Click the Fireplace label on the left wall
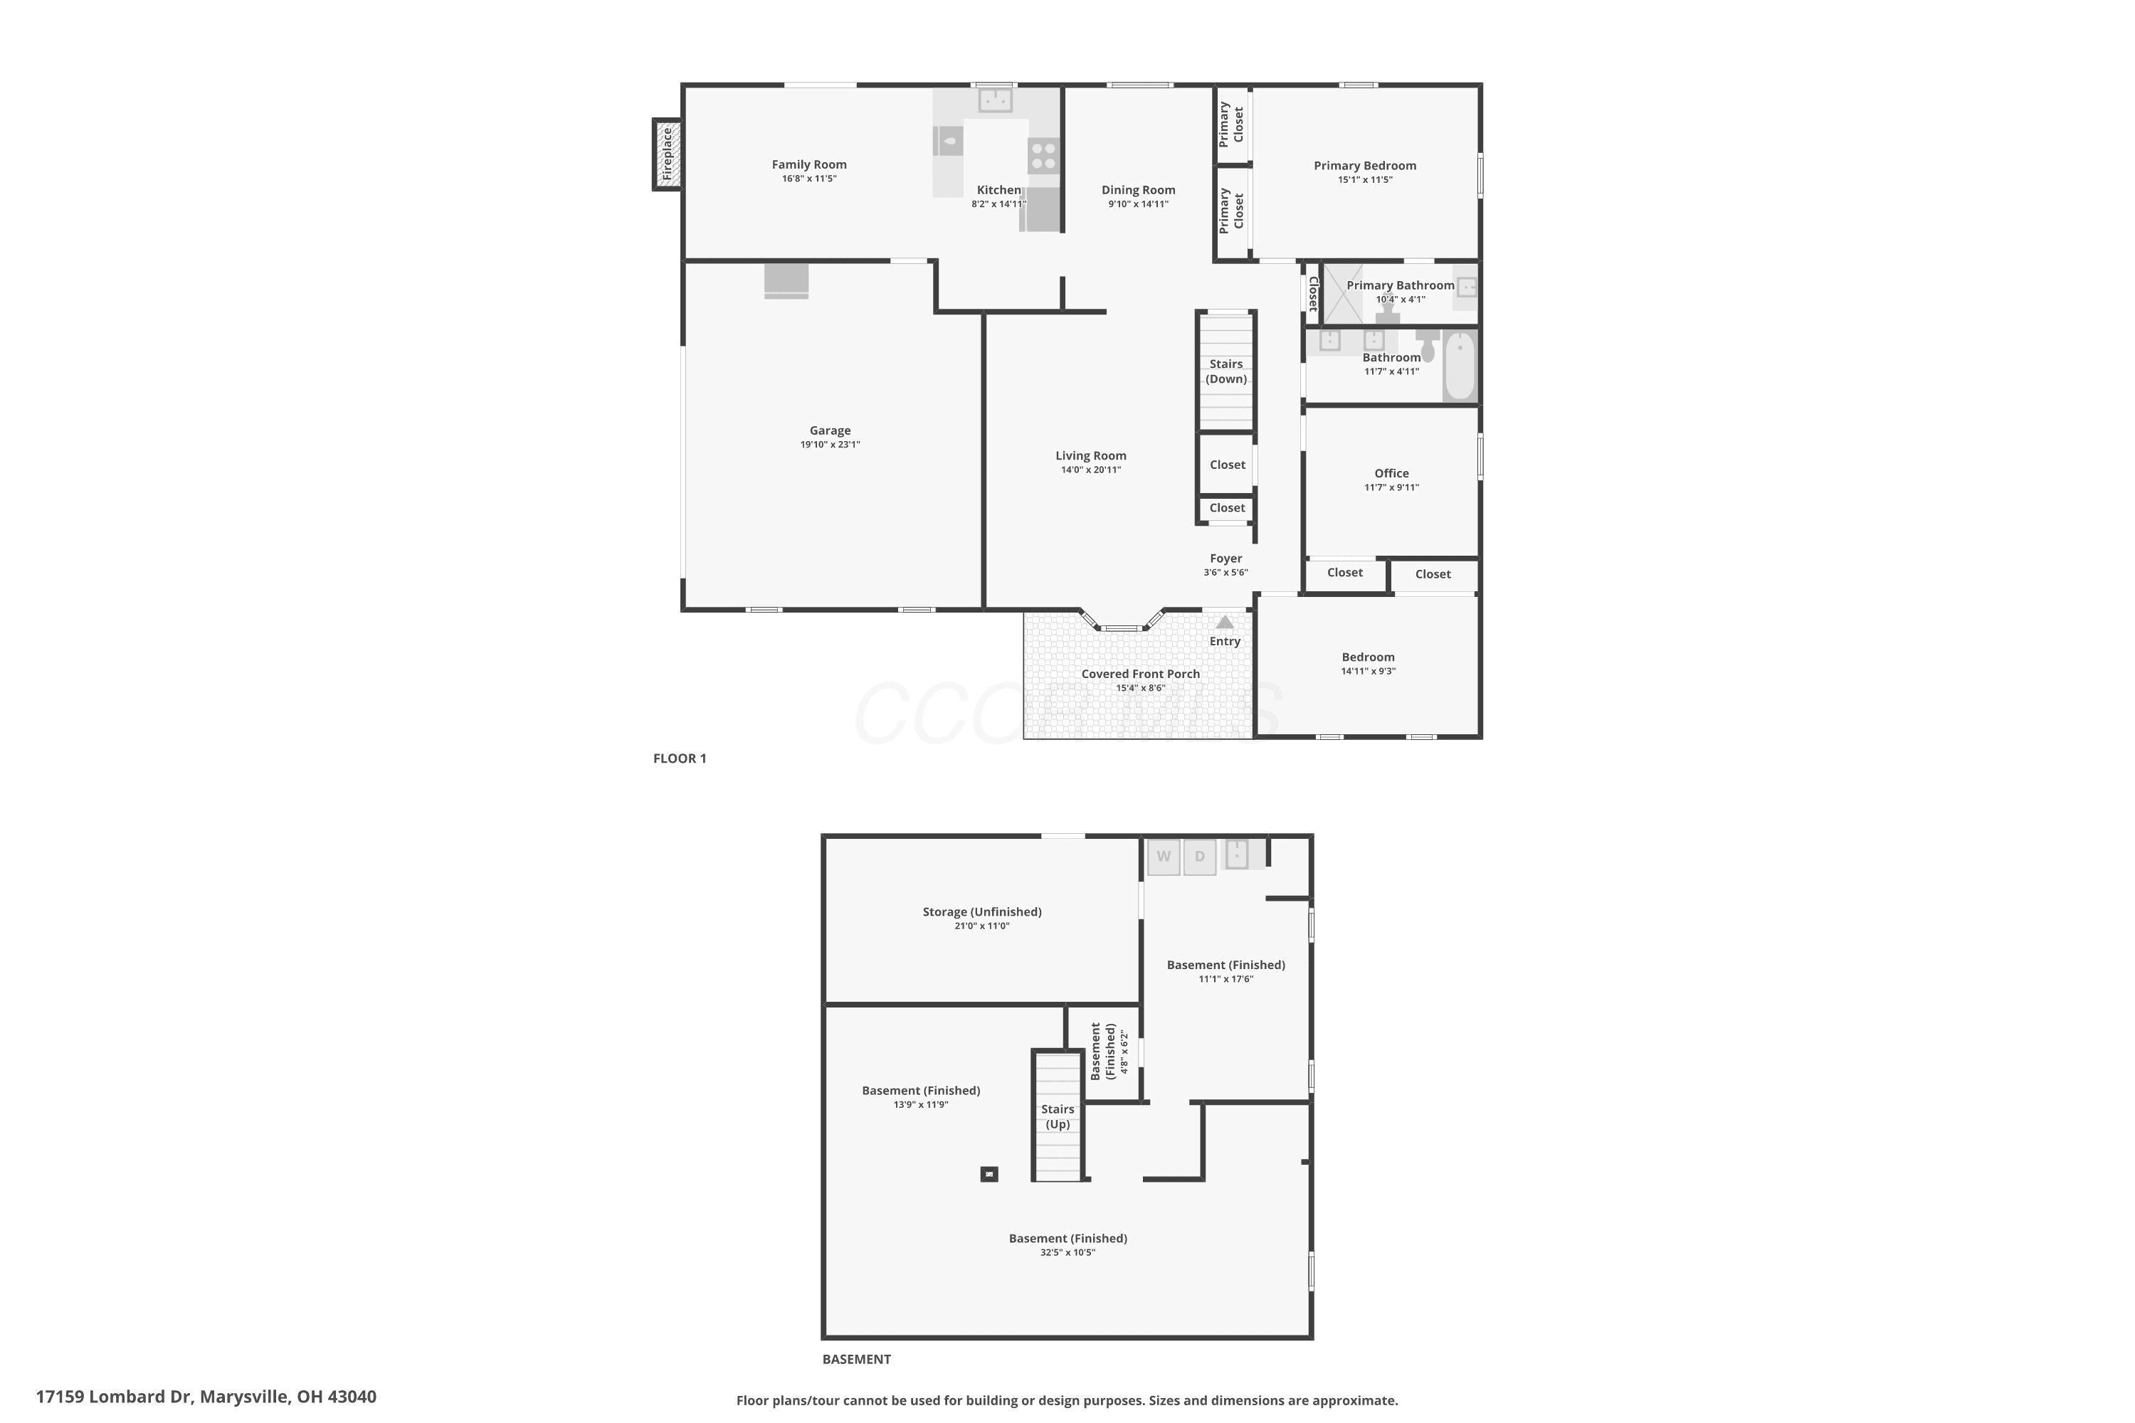point(668,154)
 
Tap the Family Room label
point(808,164)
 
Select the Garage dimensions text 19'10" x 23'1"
point(830,445)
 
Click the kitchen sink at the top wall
point(995,99)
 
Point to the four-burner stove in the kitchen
point(1044,155)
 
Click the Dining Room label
point(1138,190)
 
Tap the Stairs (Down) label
point(1226,371)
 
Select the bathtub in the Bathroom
point(1460,366)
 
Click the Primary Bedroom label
point(1364,165)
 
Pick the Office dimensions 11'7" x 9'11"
point(1391,487)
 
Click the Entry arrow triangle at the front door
point(1225,622)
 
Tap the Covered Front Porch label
point(1140,673)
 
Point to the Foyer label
point(1225,558)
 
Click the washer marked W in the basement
point(1164,857)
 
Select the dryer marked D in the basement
point(1199,857)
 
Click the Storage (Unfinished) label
point(982,911)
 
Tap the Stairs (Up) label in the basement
point(1058,1116)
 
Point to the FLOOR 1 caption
point(679,758)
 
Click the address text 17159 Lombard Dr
point(115,1397)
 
